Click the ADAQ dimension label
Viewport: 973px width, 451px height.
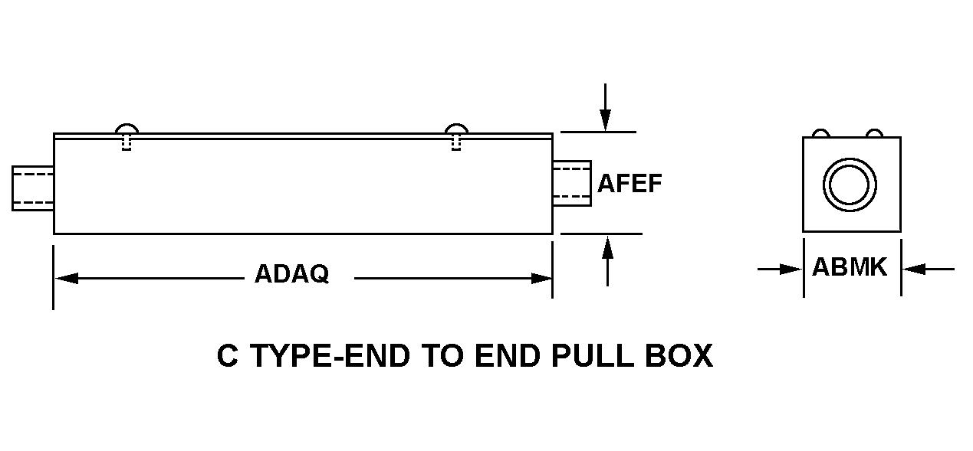point(291,274)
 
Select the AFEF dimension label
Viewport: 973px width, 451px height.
point(629,183)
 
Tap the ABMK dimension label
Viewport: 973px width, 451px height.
point(850,266)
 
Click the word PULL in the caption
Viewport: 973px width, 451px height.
point(593,355)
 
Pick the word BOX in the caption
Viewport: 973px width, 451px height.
point(679,355)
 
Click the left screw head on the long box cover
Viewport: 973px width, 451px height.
point(127,129)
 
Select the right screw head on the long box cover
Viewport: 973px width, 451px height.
point(456,129)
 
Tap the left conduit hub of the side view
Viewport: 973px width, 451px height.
point(33,188)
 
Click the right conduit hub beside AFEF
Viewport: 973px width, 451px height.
point(572,184)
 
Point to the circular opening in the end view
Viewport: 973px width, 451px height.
point(850,185)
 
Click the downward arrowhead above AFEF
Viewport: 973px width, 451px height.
point(605,120)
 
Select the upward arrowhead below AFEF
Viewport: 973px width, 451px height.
point(608,247)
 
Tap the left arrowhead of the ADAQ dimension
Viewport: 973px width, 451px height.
point(67,279)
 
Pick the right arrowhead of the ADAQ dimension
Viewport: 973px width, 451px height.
point(541,279)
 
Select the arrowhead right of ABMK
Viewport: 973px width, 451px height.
point(914,270)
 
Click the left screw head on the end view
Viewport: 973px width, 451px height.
point(821,133)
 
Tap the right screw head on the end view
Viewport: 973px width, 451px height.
point(874,133)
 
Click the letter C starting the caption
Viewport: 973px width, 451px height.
point(228,355)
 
